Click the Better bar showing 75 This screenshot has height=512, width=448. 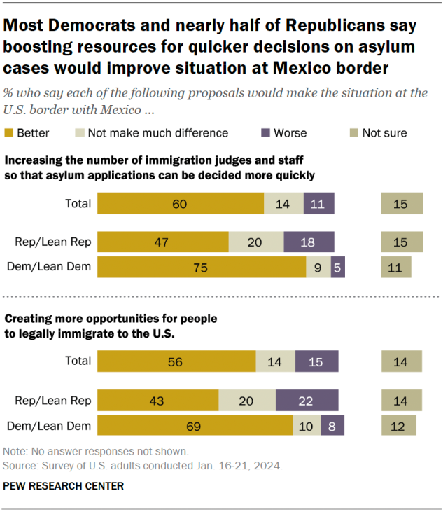coord(202,267)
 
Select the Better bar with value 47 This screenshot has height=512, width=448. coord(163,242)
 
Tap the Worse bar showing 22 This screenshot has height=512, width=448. coord(307,401)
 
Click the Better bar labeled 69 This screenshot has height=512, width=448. coord(195,425)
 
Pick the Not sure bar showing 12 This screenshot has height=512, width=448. coord(398,425)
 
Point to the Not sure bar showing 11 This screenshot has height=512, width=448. coord(395,267)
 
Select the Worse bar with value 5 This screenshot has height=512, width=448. coord(338,267)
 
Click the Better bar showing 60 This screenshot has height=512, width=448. coord(181,203)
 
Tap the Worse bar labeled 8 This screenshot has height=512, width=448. coord(332,425)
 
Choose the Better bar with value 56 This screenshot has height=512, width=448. coord(176,361)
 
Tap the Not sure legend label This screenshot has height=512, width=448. coord(384,132)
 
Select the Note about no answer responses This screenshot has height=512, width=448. coord(96,452)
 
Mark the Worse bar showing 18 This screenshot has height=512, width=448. coord(309,242)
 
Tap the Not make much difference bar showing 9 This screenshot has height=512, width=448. coord(318,267)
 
